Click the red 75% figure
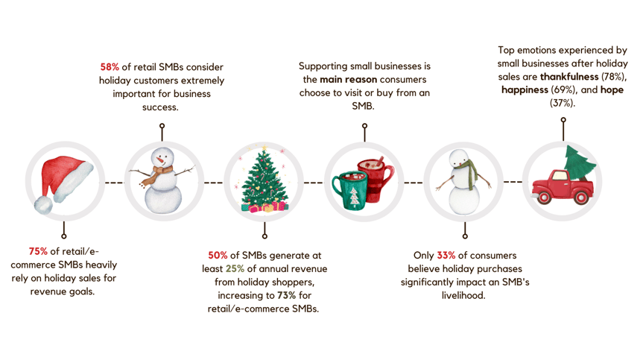[x=38, y=251]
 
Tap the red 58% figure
[x=110, y=67]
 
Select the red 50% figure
[x=218, y=256]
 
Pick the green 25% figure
[x=235, y=269]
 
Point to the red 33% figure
[x=446, y=256]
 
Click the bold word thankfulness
[x=569, y=77]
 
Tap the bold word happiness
[x=525, y=89]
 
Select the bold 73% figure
[x=287, y=295]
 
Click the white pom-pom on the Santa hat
[x=43, y=205]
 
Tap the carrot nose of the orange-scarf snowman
[x=162, y=160]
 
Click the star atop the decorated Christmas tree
[x=264, y=148]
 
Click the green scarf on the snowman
[x=470, y=174]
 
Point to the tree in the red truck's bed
[x=579, y=163]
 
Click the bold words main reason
[x=348, y=80]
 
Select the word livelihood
[x=463, y=295]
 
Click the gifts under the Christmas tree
[x=264, y=206]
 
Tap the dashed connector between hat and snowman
[x=114, y=183]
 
